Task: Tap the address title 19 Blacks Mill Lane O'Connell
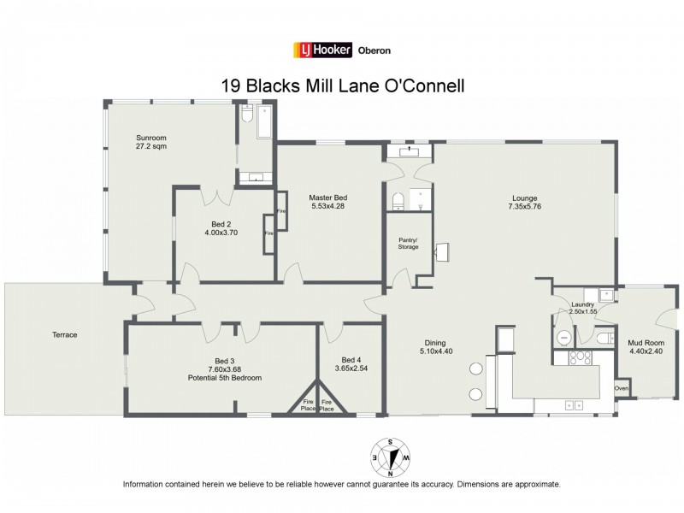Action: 342,85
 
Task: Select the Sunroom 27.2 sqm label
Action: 151,142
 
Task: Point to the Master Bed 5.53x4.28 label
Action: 328,202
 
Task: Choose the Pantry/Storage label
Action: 408,243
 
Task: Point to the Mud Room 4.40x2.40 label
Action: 644,345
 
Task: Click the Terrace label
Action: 63,334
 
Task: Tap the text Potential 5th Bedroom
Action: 224,377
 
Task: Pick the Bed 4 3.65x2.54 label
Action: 351,364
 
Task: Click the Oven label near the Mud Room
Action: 622,390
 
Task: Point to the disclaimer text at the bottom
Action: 342,484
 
